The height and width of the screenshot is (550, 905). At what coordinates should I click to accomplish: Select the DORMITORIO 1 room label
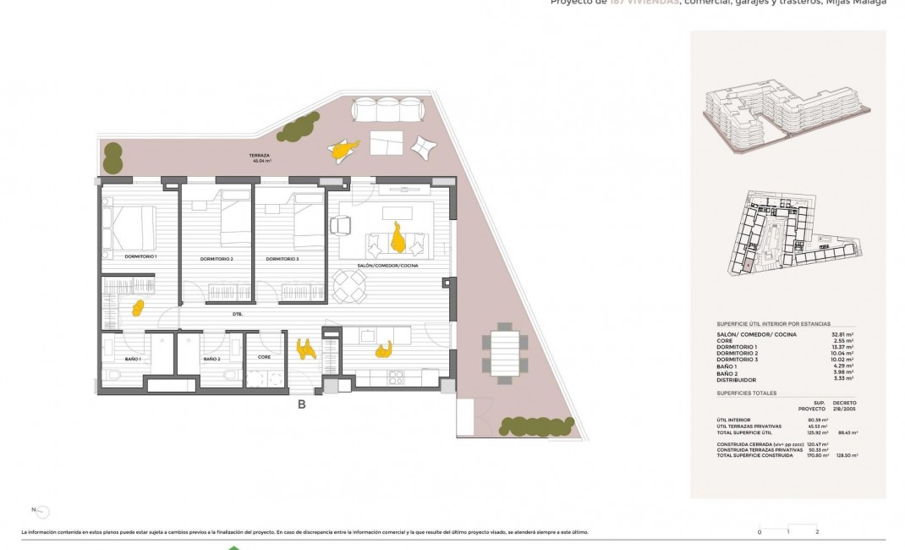pyautogui.click(x=140, y=256)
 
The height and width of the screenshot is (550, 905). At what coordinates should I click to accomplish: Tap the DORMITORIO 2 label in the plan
pyautogui.click(x=217, y=259)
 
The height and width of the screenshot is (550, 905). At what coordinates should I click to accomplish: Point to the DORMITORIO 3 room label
pyautogui.click(x=282, y=259)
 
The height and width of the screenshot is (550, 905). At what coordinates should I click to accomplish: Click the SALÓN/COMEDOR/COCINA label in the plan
pyautogui.click(x=388, y=266)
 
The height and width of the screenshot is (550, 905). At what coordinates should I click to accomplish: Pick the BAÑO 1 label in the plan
pyautogui.click(x=133, y=360)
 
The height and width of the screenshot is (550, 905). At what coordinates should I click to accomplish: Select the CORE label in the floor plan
pyautogui.click(x=265, y=358)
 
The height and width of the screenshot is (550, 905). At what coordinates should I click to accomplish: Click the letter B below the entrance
pyautogui.click(x=301, y=404)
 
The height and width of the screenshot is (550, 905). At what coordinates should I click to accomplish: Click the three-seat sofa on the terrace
pyautogui.click(x=387, y=111)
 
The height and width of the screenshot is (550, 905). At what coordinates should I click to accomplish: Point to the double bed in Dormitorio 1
pyautogui.click(x=129, y=228)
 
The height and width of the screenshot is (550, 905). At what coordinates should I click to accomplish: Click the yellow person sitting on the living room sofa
pyautogui.click(x=398, y=238)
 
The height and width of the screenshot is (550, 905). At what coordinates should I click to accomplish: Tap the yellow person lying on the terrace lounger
pyautogui.click(x=343, y=151)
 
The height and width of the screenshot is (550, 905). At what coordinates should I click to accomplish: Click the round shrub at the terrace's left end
pyautogui.click(x=112, y=157)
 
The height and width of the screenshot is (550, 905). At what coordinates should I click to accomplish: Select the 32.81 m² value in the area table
pyautogui.click(x=842, y=334)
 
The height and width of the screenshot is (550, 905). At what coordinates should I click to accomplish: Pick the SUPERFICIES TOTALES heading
pyautogui.click(x=746, y=393)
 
